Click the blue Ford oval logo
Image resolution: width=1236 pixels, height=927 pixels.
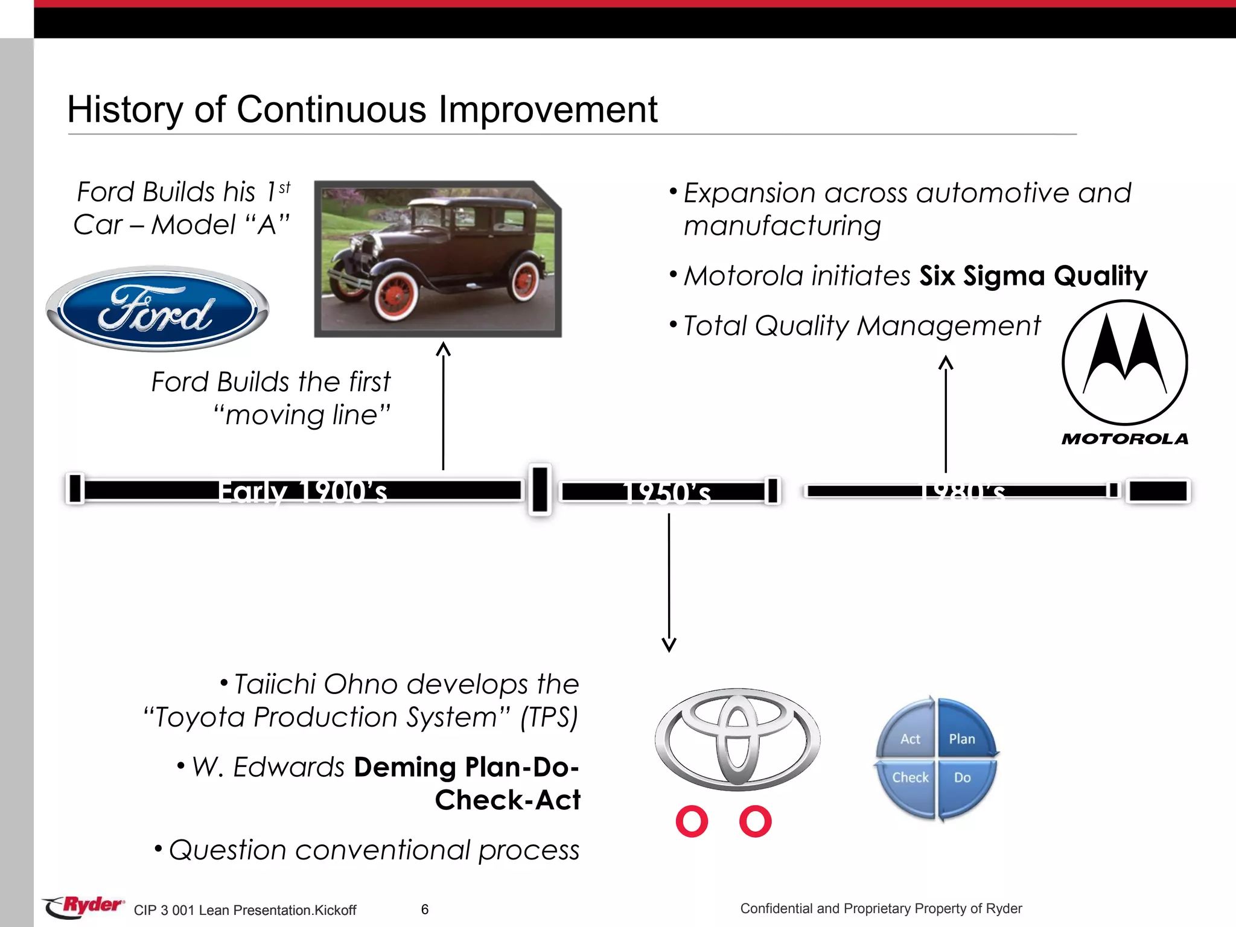[158, 309]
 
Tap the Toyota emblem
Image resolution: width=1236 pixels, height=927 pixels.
[737, 739]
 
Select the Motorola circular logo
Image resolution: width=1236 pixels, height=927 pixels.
[1124, 363]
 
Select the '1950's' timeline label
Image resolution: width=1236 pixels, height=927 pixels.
[666, 492]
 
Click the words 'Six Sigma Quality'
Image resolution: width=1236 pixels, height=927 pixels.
[1033, 276]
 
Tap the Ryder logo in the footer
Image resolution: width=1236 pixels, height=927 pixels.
[84, 906]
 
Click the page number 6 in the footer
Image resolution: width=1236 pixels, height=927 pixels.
[425, 909]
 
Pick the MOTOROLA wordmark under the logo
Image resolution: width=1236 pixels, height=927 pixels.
[1124, 439]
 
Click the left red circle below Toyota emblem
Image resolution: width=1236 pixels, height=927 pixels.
[692, 821]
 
